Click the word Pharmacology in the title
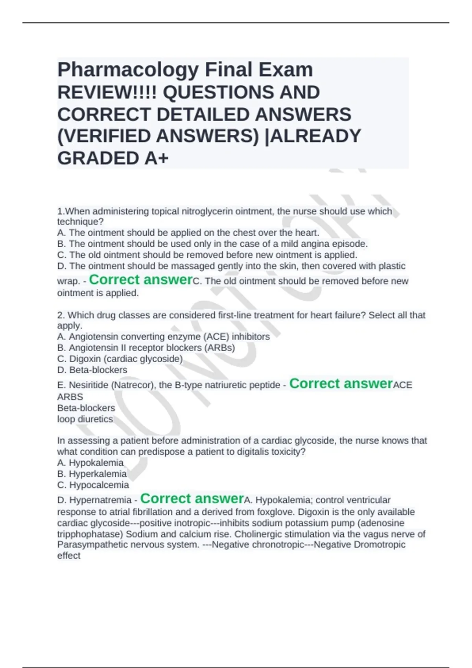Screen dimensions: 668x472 (128, 70)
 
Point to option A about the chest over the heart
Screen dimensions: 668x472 (188, 233)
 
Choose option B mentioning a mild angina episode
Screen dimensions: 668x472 (212, 244)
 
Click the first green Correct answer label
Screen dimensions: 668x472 (140, 280)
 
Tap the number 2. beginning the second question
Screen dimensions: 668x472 (61, 315)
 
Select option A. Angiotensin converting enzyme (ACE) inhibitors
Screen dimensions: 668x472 (164, 337)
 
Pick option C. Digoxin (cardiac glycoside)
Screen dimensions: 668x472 (120, 359)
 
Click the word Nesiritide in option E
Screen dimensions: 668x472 (89, 385)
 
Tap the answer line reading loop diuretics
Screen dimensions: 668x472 (85, 419)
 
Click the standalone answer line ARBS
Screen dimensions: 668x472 (70, 397)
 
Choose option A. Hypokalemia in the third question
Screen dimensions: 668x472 (90, 463)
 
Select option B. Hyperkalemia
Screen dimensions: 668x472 (92, 474)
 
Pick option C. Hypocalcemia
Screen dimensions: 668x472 (93, 485)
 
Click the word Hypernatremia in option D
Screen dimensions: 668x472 (100, 500)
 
